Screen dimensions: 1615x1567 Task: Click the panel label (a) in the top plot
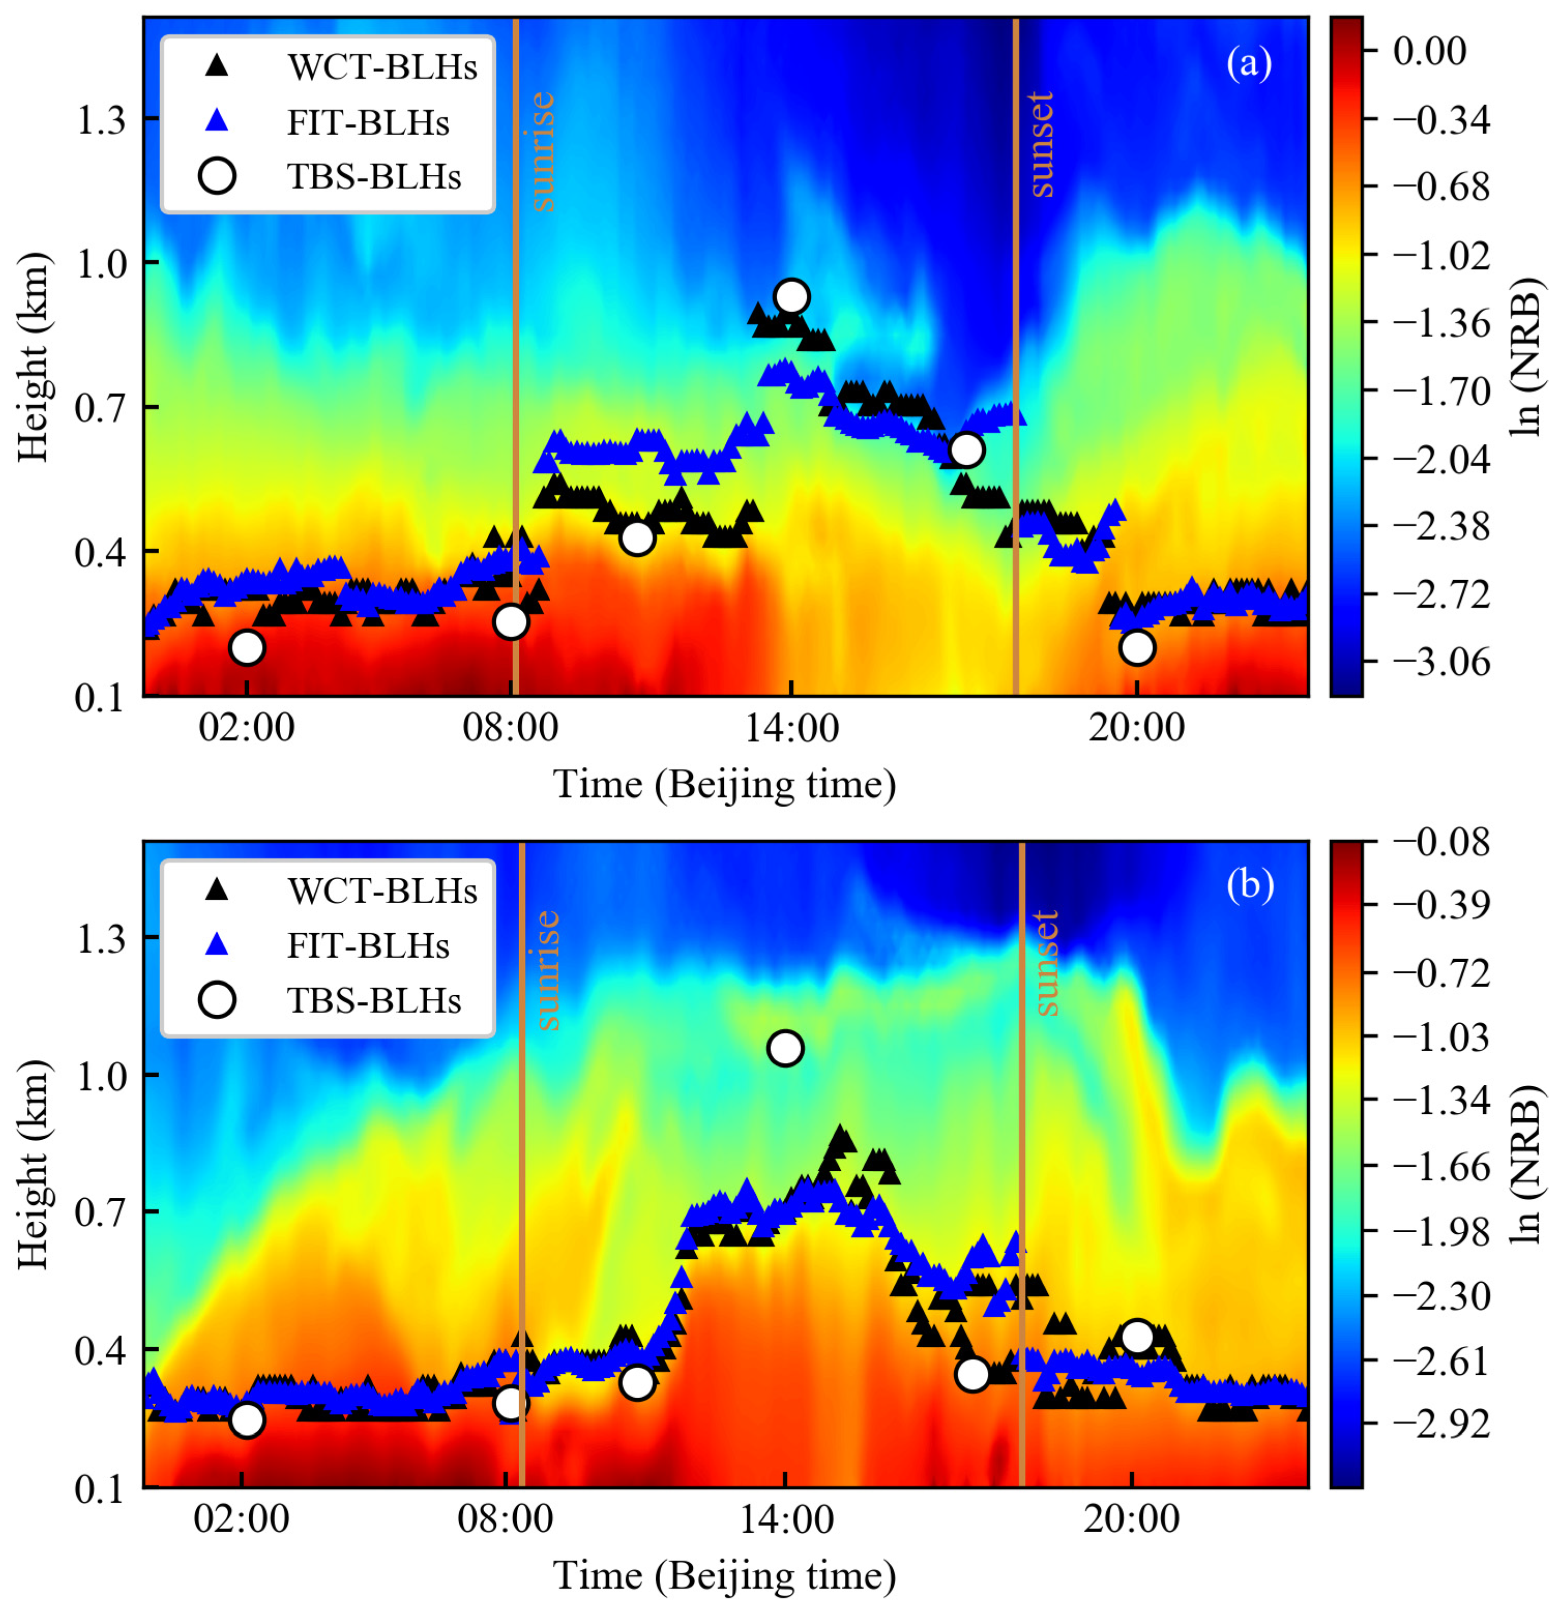tap(1249, 63)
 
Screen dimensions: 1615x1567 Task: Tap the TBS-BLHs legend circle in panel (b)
tap(217, 1000)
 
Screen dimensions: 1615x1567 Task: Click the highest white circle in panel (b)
tap(785, 1048)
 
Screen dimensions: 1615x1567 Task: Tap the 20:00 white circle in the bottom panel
tap(1137, 1337)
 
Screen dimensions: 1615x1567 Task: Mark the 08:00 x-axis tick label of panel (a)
tap(510, 728)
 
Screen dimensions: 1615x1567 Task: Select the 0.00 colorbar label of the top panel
tap(1429, 51)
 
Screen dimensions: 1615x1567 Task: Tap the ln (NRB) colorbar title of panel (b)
tap(1529, 1162)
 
